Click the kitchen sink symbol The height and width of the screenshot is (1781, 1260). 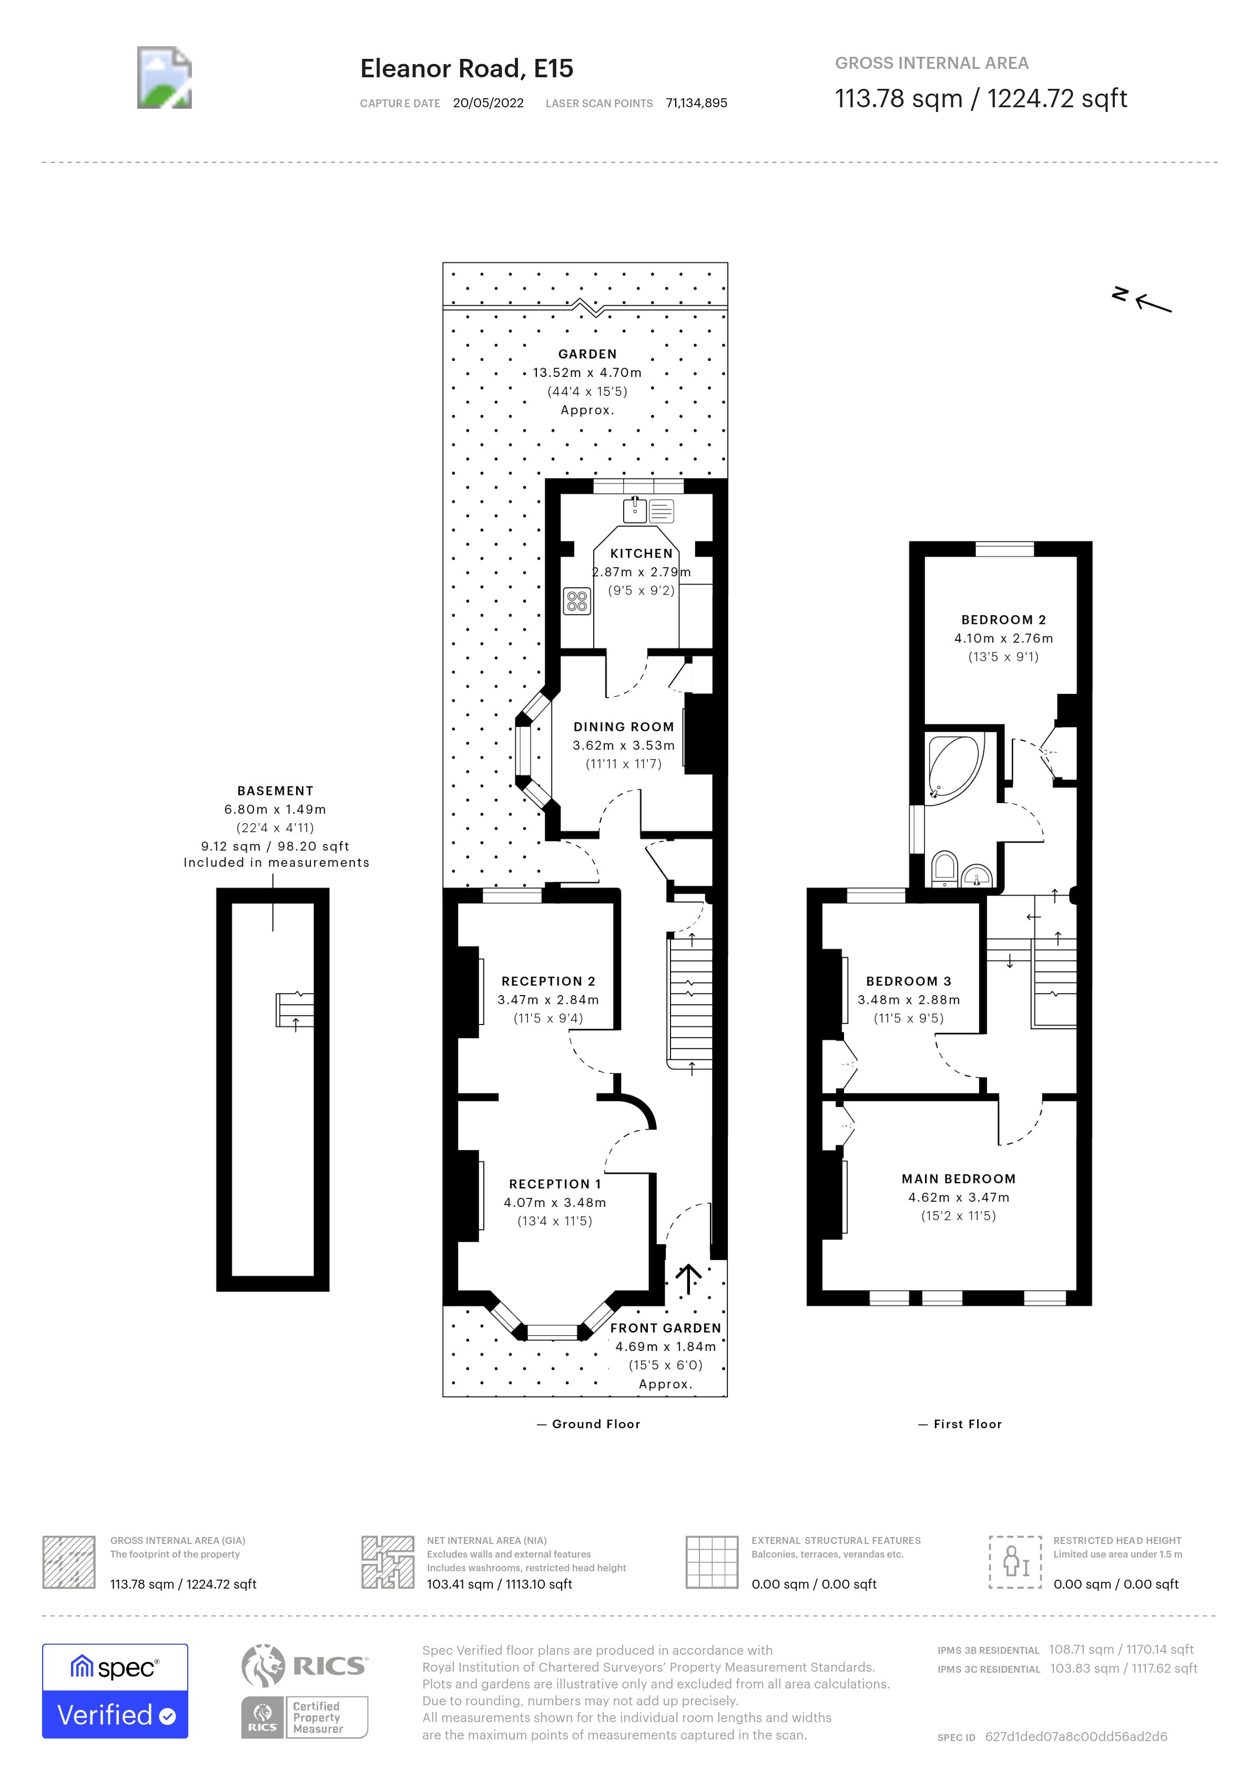coord(635,510)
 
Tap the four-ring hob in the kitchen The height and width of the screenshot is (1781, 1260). coord(576,600)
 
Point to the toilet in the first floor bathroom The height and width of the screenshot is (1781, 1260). coord(944,869)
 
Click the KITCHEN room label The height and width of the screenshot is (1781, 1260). coord(641,553)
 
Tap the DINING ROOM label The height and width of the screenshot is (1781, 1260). coord(623,727)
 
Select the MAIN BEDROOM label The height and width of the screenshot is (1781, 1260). coord(958,1178)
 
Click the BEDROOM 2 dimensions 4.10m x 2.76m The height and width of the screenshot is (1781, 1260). coord(1003,638)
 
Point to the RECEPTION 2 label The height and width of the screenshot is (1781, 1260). coord(548,981)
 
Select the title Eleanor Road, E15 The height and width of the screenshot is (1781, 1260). coord(466,69)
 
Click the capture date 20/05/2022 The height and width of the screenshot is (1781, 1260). coord(488,103)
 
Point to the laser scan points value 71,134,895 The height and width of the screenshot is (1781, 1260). coord(696,103)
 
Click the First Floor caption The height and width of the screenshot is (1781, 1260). coord(967,1424)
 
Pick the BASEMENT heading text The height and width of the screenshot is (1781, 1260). coord(275,791)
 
